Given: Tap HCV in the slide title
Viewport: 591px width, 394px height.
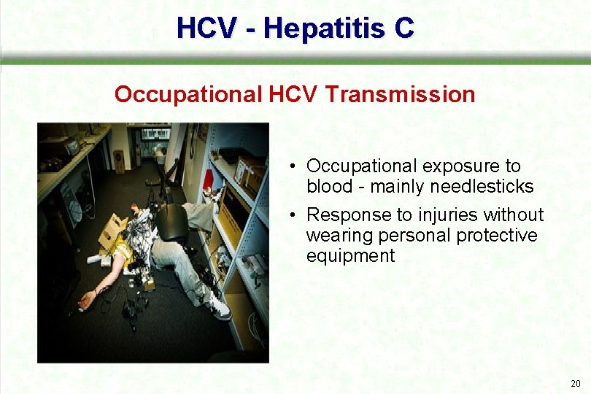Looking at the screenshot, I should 206,28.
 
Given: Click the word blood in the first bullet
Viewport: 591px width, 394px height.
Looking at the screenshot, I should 330,187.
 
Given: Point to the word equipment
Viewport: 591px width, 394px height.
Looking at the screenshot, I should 350,256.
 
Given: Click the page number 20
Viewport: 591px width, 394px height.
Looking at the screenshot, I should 576,383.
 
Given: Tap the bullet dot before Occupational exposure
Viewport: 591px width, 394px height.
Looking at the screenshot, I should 292,166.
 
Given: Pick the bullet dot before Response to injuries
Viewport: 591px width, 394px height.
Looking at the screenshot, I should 292,215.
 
